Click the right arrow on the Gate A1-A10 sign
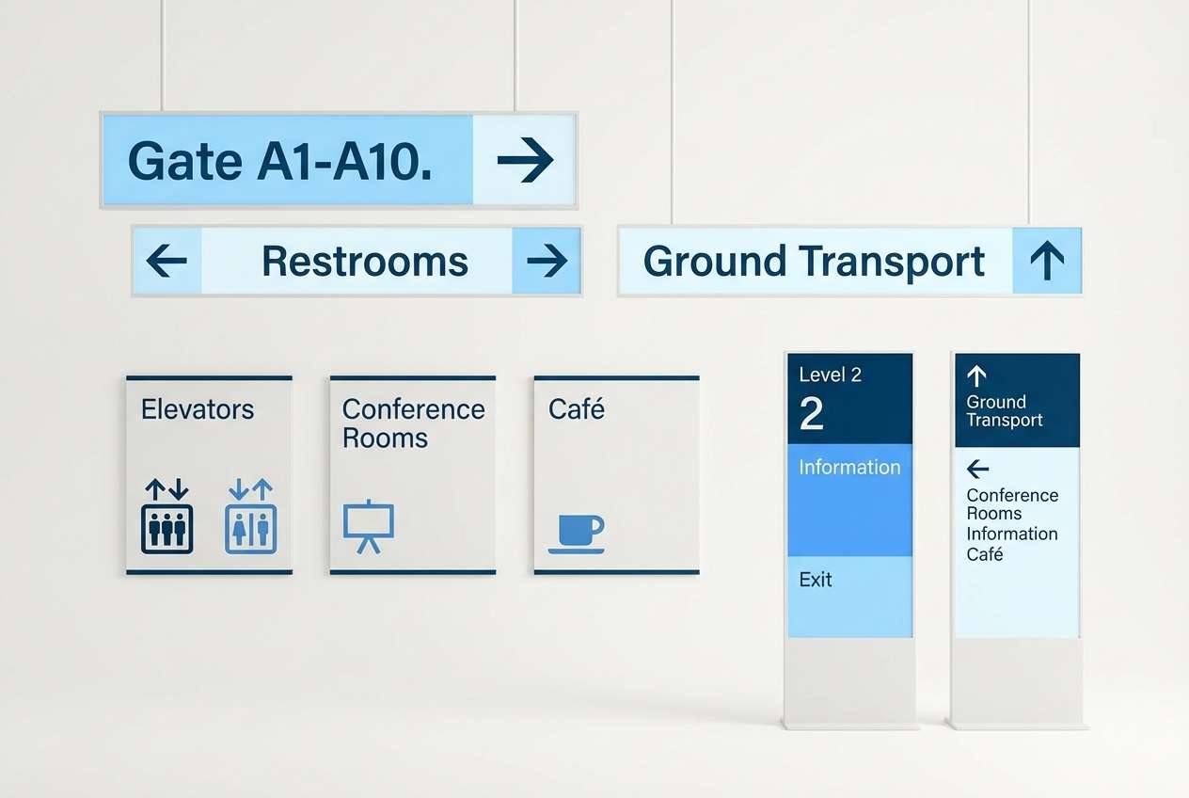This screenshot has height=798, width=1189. (525, 160)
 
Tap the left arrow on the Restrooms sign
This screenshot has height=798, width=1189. (166, 261)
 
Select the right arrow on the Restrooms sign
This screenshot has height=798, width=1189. (547, 261)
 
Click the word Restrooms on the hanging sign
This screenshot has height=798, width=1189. (365, 261)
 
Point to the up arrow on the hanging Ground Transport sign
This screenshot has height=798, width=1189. (1047, 261)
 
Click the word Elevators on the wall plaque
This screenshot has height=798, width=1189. (198, 409)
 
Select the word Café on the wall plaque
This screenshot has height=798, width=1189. (577, 409)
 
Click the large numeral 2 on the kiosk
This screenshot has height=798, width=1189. (811, 414)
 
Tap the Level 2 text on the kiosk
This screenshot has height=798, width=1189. (830, 375)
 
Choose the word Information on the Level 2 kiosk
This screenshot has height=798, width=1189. (849, 467)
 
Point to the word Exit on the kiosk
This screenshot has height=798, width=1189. (816, 580)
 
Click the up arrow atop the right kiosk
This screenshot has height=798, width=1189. (976, 376)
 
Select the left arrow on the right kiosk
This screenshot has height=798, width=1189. (977, 469)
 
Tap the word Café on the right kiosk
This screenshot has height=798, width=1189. (985, 554)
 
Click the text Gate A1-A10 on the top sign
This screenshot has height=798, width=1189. (279, 161)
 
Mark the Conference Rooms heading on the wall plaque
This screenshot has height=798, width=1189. (413, 423)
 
